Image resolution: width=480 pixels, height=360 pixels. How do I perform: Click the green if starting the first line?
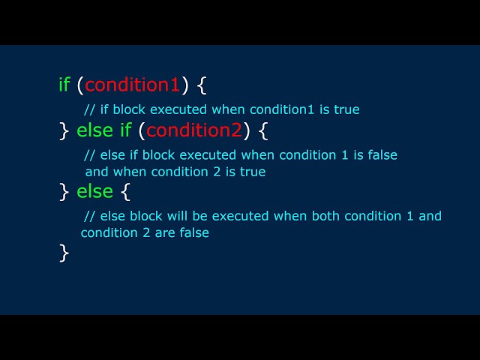coord(64,84)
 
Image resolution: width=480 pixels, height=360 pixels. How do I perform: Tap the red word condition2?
coord(194,130)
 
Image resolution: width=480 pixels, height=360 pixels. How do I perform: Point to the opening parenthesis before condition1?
coord(80,85)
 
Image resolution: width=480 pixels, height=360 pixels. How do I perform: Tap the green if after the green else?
coord(125,130)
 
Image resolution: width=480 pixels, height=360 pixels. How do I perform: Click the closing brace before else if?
coord(64,131)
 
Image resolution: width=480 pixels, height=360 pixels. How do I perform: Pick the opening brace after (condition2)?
coord(262,131)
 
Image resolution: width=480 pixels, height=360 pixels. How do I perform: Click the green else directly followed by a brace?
coord(95,191)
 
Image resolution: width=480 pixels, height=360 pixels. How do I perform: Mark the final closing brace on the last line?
coord(64,253)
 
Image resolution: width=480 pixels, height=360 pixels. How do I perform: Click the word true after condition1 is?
coord(346,109)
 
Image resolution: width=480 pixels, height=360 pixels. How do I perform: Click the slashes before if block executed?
coord(90,109)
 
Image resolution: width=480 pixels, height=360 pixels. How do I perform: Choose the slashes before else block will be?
coord(90,216)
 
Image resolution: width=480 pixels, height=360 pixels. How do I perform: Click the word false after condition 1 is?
coord(381,155)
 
